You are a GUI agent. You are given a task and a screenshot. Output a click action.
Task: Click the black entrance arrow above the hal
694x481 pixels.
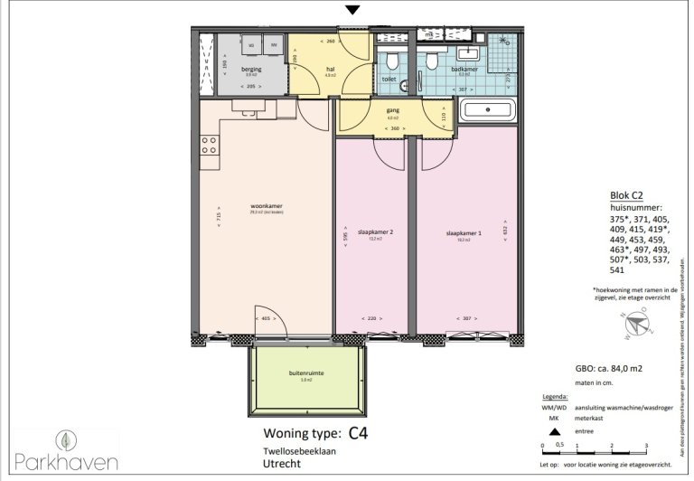tap(354, 10)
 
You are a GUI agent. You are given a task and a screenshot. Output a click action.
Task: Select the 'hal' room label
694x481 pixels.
tap(330, 70)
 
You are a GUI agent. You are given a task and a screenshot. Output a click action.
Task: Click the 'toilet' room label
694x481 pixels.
tap(389, 79)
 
